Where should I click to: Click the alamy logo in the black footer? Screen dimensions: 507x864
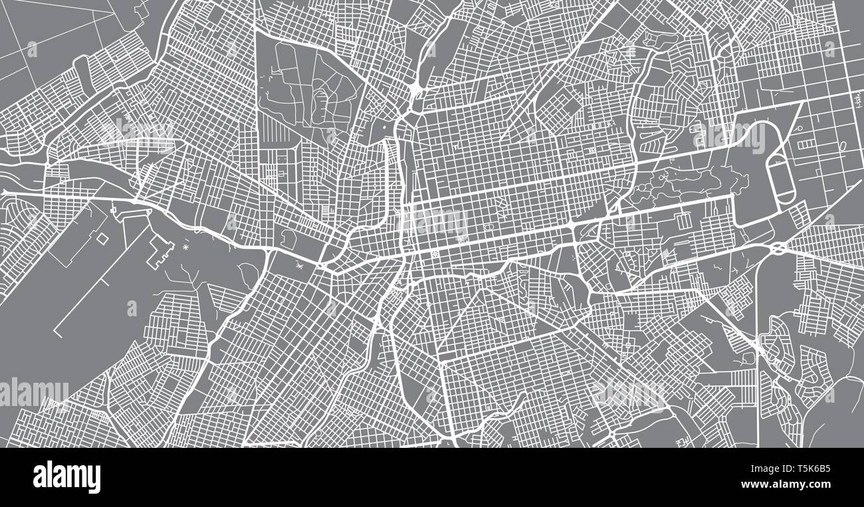click(x=66, y=477)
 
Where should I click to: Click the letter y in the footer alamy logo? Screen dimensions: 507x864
click(x=95, y=480)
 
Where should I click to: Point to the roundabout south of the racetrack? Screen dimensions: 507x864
click(x=778, y=249)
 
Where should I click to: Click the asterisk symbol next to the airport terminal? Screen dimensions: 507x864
click(x=184, y=247)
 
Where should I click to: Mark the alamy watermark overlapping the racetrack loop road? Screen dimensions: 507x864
click(x=731, y=138)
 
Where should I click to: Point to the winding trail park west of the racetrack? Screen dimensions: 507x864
click(x=691, y=183)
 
